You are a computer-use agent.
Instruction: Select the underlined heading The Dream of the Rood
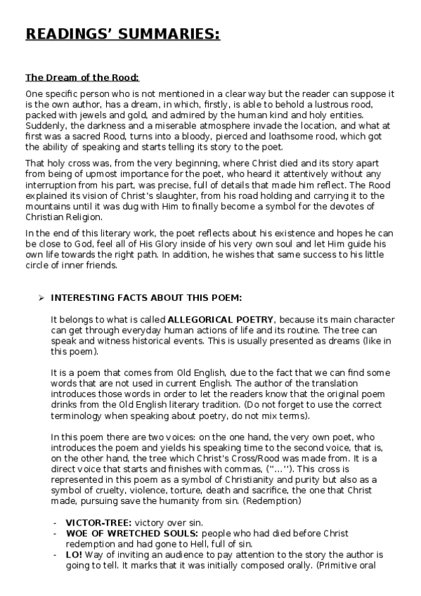pyautogui.click(x=82, y=77)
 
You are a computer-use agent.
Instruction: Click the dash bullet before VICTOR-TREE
pyautogui.click(x=55, y=523)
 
